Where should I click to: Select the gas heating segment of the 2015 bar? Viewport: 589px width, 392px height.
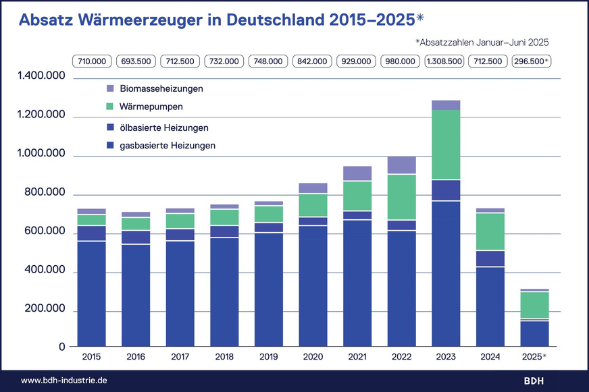(x=91, y=293)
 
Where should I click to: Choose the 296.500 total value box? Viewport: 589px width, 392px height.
(x=533, y=61)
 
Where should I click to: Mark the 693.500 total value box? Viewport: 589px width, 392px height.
(x=136, y=61)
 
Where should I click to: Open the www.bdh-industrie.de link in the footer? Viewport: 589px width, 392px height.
(x=64, y=381)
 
